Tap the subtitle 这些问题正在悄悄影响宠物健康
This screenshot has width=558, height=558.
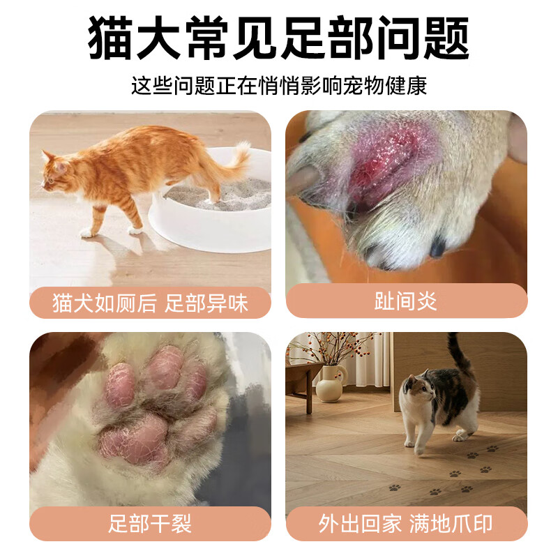(x=279, y=86)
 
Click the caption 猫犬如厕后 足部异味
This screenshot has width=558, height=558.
(x=150, y=303)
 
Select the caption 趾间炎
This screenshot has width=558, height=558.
(x=406, y=301)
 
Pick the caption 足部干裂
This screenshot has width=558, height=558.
(x=150, y=524)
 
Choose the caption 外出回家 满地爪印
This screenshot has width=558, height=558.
(x=406, y=524)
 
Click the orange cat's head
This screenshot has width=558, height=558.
(x=54, y=169)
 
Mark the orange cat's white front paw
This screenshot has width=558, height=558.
(x=87, y=232)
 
